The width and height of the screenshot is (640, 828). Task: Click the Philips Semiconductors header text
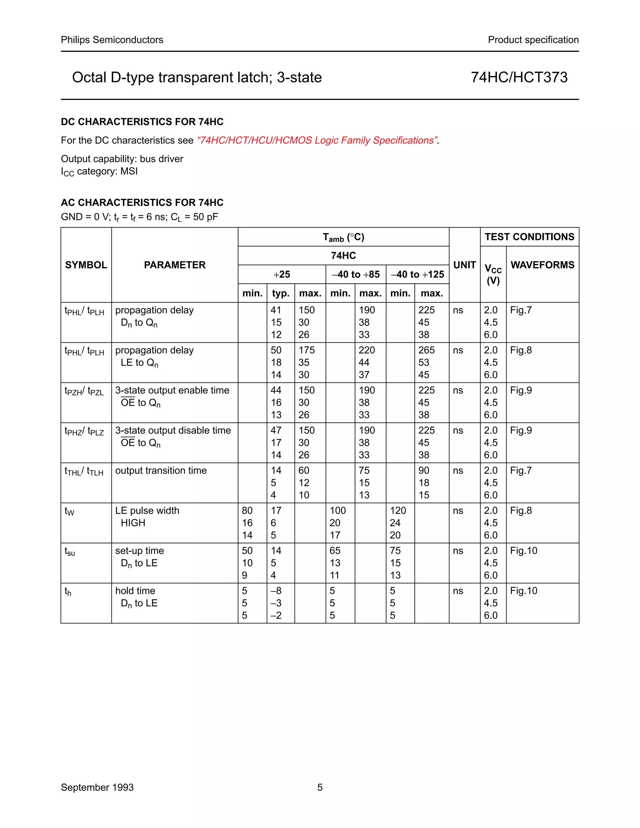[112, 40]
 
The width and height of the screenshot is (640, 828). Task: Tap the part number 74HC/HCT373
[519, 77]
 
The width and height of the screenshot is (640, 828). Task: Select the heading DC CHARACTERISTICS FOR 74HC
[142, 122]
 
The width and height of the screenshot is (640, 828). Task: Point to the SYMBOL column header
[86, 265]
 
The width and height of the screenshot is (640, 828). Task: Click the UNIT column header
[464, 265]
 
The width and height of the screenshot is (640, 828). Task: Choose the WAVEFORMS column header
[542, 265]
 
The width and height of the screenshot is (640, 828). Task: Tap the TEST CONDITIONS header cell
[529, 237]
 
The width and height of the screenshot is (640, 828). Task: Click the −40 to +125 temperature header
[417, 274]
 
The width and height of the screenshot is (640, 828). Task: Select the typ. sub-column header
[281, 293]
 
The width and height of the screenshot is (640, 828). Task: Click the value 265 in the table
[426, 350]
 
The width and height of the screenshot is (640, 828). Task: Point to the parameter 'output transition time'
[161, 471]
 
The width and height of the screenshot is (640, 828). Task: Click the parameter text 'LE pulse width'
[147, 510]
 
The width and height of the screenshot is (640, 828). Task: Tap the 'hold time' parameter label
[135, 591]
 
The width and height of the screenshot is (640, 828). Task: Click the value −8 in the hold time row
[276, 591]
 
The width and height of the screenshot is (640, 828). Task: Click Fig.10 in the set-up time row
[524, 551]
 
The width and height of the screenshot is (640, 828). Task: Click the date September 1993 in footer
[97, 787]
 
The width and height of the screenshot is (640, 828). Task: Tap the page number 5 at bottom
[320, 787]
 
